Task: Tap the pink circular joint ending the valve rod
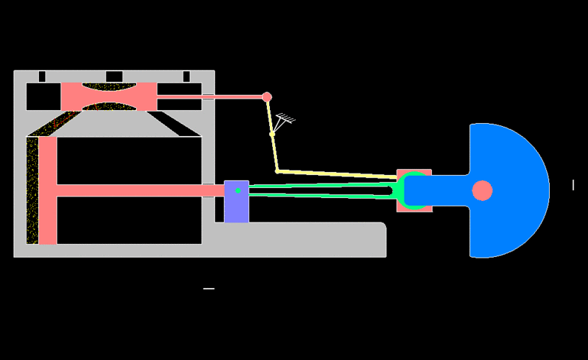267,97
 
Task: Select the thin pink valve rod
209,96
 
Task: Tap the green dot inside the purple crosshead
238,191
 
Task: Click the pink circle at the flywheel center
482,191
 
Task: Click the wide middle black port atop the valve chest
114,76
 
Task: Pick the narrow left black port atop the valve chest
42,76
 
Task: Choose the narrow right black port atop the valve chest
186,76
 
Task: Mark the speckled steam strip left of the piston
32,191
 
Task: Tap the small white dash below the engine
209,289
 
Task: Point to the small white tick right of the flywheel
573,185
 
